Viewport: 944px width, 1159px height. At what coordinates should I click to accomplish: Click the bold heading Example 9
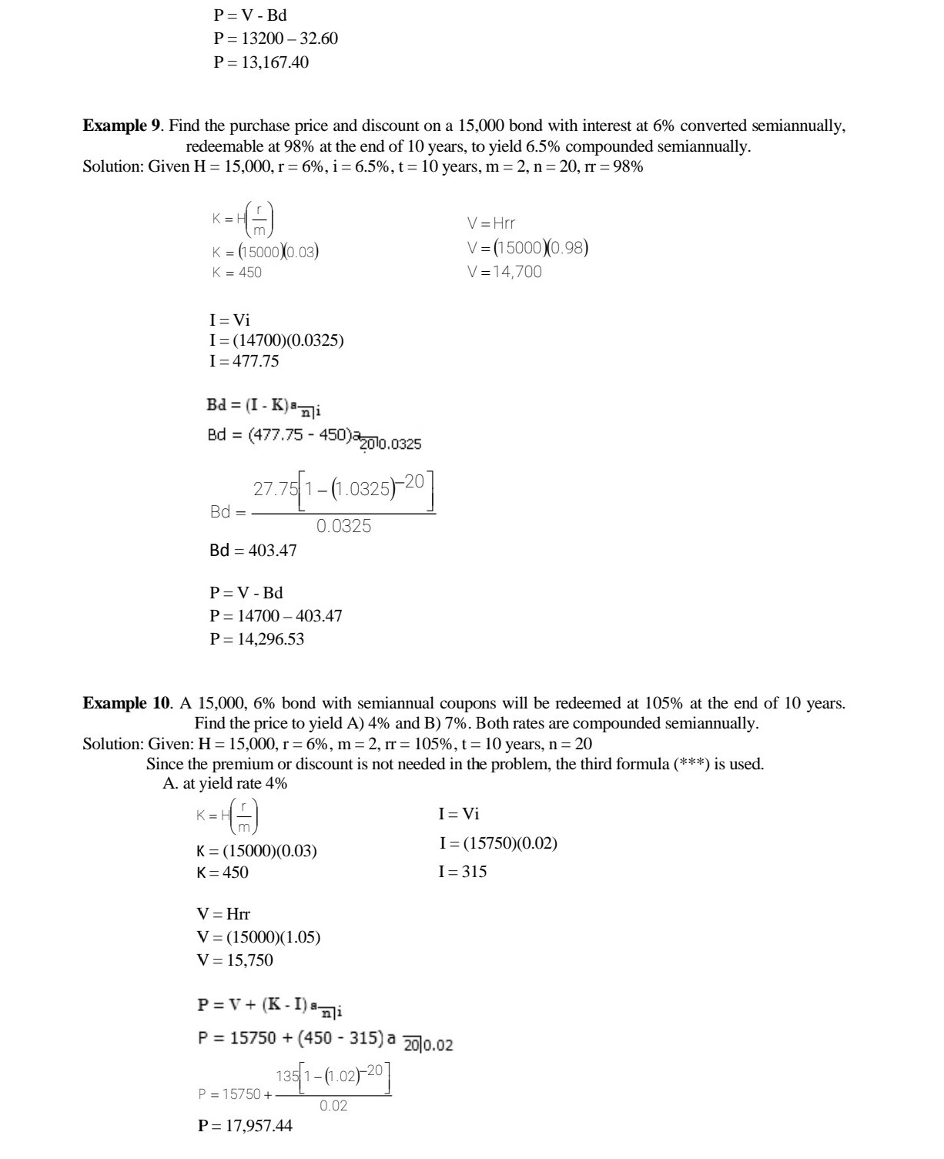122,126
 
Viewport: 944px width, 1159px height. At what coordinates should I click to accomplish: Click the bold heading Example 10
126,702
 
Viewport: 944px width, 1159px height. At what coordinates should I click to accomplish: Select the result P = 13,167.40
261,62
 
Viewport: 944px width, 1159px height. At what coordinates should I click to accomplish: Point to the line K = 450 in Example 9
237,272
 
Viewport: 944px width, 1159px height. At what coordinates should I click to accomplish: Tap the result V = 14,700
504,271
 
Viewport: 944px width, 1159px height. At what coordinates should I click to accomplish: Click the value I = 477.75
244,361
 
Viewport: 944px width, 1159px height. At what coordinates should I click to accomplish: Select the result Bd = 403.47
253,551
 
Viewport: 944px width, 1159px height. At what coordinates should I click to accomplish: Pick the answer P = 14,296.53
257,638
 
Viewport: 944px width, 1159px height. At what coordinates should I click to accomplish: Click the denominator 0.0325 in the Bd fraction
343,526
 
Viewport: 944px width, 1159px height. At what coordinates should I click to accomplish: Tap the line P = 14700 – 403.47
276,616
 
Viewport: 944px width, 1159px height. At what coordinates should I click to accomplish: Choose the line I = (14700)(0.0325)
277,340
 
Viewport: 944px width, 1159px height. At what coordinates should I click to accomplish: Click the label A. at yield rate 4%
225,784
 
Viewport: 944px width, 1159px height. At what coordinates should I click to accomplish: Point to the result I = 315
463,872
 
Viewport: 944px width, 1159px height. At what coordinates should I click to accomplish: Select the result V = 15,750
235,960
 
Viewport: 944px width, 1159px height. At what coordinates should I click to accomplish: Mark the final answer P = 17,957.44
245,1126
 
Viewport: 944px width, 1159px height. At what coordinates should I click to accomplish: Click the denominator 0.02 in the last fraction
333,1105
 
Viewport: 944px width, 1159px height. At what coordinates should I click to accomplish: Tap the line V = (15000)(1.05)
259,937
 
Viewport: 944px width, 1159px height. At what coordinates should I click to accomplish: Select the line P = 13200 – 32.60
276,39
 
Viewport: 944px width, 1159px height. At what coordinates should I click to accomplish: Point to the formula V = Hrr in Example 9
491,223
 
